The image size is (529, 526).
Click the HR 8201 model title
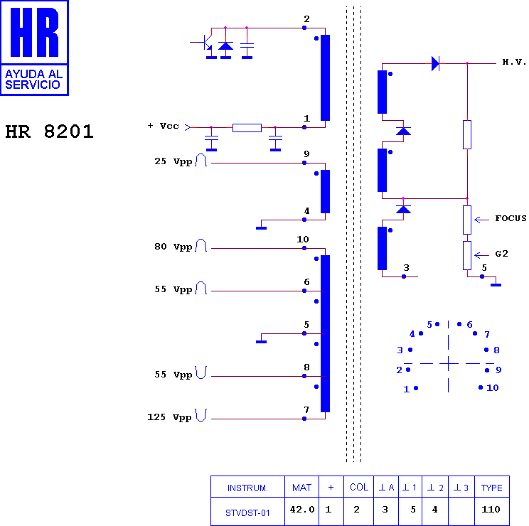click(x=49, y=131)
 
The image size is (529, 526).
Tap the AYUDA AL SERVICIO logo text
click(x=33, y=79)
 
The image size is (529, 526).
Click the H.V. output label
click(x=514, y=62)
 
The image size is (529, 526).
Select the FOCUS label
click(x=511, y=218)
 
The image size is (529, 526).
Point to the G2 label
click(x=501, y=254)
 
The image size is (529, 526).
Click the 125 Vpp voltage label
click(x=169, y=417)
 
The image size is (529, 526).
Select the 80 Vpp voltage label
click(x=173, y=247)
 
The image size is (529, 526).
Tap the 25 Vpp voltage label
click(x=173, y=161)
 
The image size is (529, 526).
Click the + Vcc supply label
click(x=163, y=126)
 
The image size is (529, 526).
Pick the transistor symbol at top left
click(x=205, y=43)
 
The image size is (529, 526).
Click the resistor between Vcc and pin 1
click(x=247, y=128)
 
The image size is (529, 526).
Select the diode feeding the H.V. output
click(x=436, y=63)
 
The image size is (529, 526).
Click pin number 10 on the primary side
click(x=303, y=240)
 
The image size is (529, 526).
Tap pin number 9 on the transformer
click(x=306, y=154)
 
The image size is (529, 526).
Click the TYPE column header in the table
click(x=491, y=488)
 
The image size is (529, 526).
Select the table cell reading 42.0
click(x=302, y=509)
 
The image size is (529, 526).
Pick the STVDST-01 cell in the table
click(x=247, y=513)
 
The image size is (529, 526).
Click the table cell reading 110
click(x=491, y=509)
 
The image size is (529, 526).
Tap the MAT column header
click(x=301, y=488)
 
